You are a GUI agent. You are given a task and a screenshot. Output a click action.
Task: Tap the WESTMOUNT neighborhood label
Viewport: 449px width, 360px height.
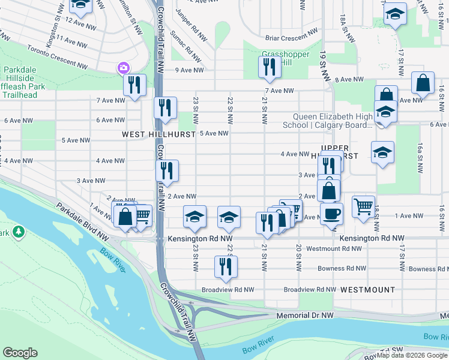point(367,289)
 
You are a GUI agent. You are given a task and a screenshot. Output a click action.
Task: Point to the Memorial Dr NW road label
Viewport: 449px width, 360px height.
point(305,315)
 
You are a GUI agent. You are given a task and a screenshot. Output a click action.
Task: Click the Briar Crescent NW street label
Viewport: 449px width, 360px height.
point(292,35)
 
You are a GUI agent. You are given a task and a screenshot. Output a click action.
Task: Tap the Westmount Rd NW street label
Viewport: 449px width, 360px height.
point(334,248)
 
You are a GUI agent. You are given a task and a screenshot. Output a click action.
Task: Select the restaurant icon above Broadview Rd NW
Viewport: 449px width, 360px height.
point(226,267)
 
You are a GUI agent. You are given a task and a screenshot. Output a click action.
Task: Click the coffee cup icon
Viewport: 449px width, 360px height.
point(331,213)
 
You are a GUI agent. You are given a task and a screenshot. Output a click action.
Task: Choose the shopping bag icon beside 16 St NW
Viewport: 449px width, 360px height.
point(423,83)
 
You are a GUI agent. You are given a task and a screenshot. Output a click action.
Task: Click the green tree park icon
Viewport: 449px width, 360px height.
point(19,230)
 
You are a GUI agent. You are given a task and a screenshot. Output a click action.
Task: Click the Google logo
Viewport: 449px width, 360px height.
point(20,352)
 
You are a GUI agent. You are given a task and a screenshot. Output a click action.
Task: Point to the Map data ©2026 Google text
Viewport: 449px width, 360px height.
point(412,355)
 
